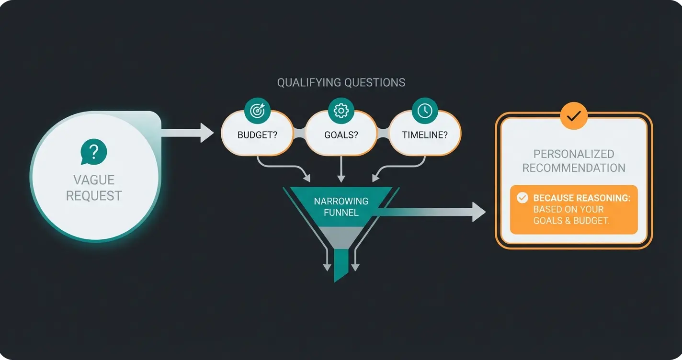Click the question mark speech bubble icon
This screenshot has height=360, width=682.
(94, 152)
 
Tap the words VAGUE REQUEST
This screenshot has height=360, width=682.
(94, 188)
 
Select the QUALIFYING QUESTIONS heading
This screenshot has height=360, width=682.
(341, 82)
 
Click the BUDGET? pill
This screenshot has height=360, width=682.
(257, 135)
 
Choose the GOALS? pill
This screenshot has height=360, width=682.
(341, 135)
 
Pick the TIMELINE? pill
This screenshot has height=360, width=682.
(425, 135)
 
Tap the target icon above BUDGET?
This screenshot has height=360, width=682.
(257, 111)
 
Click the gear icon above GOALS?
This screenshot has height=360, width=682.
(341, 111)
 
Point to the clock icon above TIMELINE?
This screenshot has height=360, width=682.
(425, 111)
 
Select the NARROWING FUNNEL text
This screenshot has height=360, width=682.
(341, 206)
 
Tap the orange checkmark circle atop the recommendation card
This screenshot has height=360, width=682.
(574, 116)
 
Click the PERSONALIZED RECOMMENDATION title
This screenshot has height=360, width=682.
(574, 161)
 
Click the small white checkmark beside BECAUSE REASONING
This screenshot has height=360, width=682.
(522, 198)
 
